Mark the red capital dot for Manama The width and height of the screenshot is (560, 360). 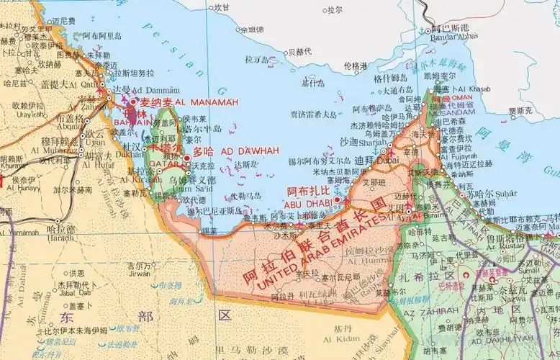(134, 103)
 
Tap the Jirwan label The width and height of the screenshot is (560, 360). (140, 273)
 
